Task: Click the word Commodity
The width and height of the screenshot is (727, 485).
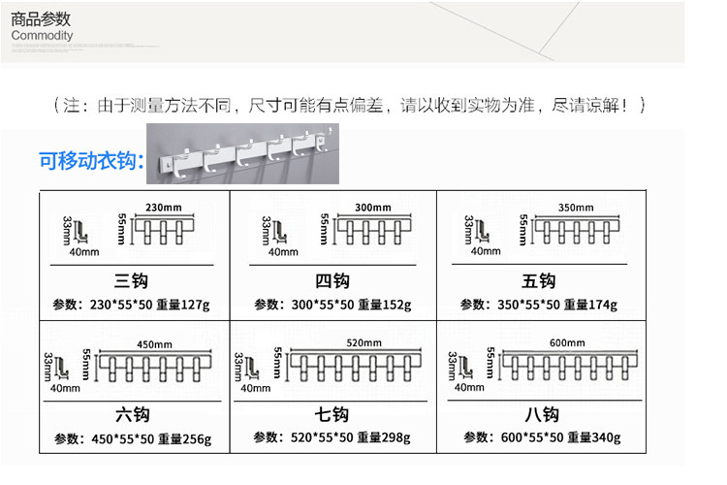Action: coord(43,36)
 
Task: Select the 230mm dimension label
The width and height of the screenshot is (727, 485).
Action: coord(163,208)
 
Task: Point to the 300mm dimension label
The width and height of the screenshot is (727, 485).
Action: coord(372,208)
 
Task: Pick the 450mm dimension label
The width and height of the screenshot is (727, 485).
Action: coord(153,344)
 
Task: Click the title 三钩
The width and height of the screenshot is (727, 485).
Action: coord(131,281)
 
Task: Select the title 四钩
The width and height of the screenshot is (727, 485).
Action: coord(332,281)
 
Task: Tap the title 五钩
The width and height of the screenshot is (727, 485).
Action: coord(538,281)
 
